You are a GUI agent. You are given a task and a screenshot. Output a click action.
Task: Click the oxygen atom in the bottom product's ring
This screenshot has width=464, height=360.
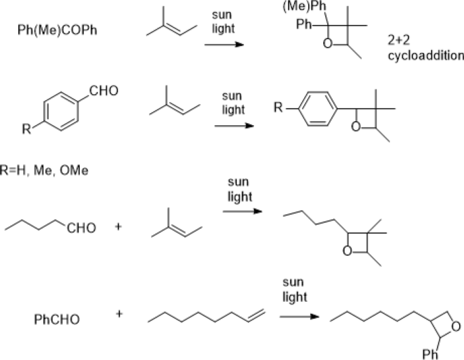(x=457, y=328)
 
